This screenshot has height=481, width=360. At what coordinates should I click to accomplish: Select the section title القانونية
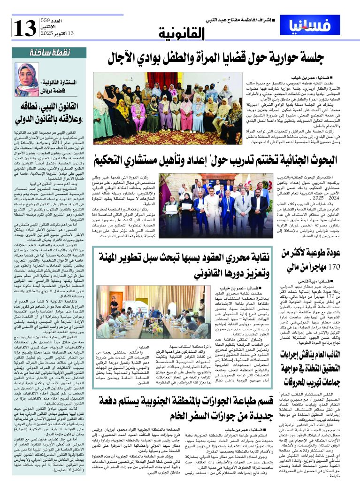181,33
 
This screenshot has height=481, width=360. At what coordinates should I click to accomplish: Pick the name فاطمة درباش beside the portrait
63,87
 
